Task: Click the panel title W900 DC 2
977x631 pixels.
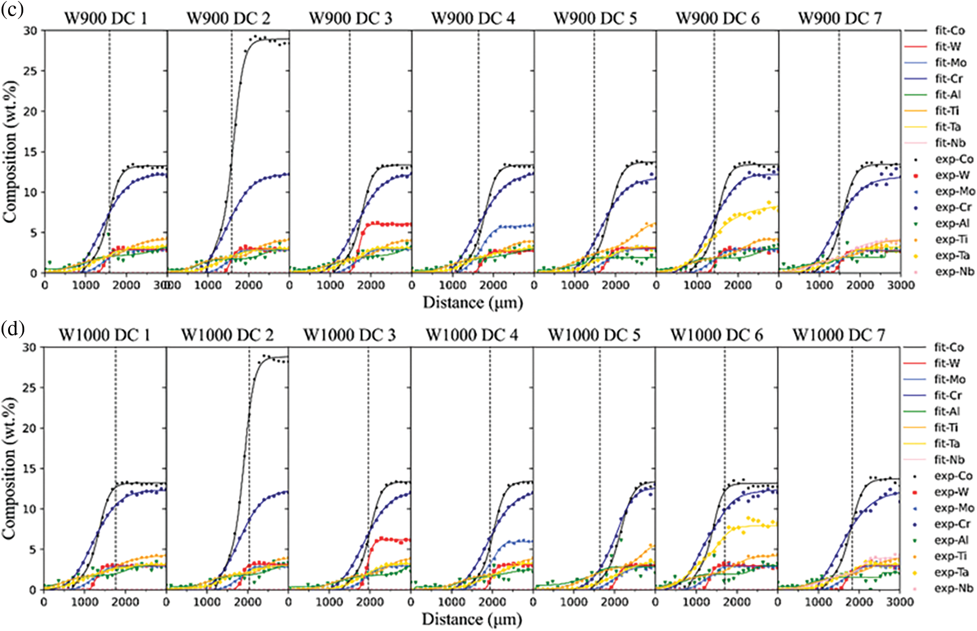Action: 228,19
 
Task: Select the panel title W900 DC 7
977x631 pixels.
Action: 839,19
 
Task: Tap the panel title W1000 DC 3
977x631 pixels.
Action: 349,335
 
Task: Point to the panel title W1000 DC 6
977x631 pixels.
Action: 717,335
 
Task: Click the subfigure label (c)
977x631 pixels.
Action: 12,9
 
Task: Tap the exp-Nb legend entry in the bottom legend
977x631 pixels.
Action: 953,589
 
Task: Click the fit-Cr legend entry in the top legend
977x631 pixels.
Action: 949,79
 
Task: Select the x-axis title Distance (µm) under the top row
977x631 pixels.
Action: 473,303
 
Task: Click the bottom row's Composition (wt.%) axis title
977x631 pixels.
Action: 10,468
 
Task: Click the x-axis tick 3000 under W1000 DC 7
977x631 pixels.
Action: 899,602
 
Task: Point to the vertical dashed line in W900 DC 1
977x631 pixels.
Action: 109,152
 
